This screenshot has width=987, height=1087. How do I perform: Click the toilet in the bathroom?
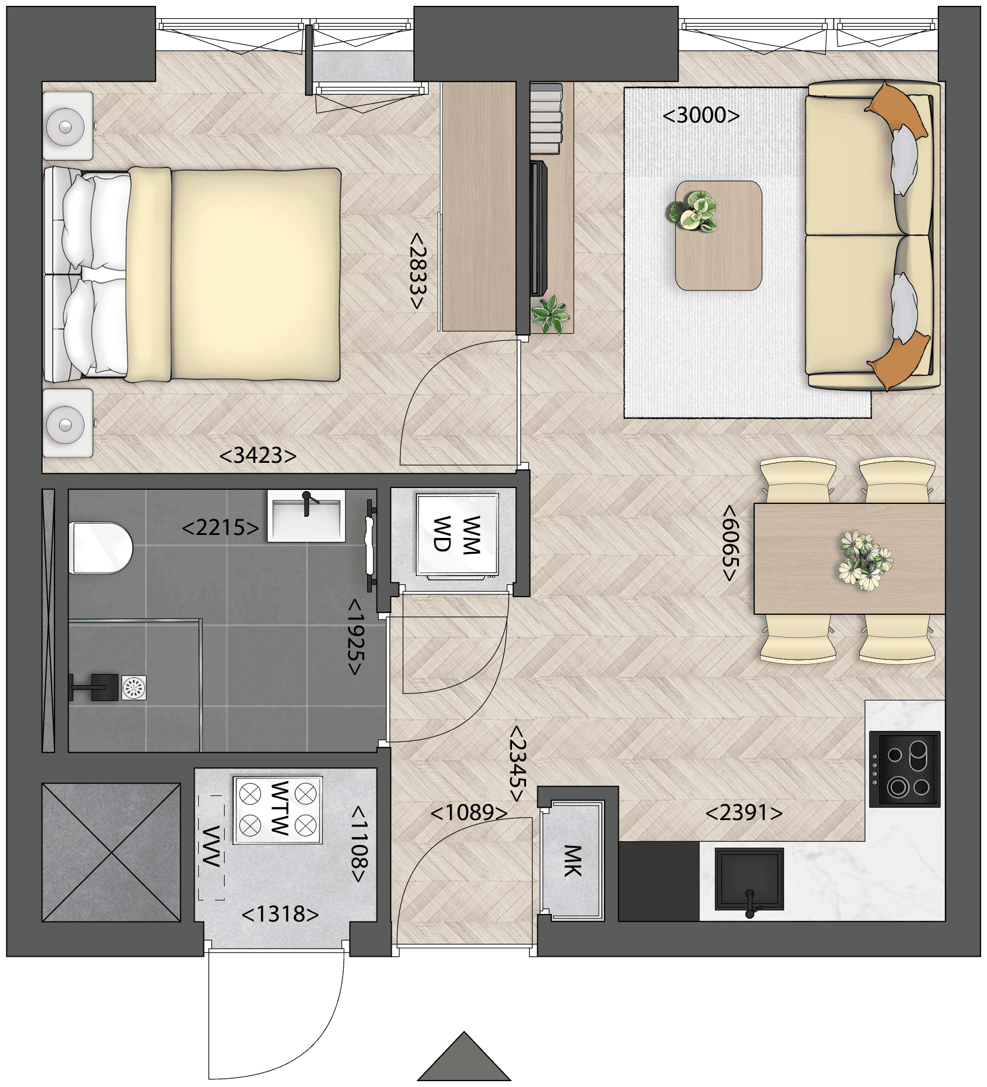pos(101,547)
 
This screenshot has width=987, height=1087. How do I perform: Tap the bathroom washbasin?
pos(306,516)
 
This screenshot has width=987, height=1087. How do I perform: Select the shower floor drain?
pos(134,688)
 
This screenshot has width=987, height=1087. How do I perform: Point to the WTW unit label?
pos(280,808)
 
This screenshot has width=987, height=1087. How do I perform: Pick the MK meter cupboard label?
pos(572,861)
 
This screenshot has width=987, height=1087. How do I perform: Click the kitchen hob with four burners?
pos(904,769)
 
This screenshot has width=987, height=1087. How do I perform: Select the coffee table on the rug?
pos(718,235)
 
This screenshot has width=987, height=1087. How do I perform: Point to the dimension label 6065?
pos(730,543)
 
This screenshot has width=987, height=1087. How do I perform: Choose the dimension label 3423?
pos(258,455)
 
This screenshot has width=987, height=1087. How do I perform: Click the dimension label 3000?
pos(701,115)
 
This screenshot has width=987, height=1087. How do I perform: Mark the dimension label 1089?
pos(469,813)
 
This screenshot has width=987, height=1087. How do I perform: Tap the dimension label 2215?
pos(221,528)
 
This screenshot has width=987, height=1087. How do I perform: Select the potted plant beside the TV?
pos(550,315)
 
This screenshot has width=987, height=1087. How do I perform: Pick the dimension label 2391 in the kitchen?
pos(744,813)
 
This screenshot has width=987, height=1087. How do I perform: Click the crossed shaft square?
pos(111,852)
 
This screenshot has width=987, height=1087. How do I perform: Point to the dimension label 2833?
pos(417,270)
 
